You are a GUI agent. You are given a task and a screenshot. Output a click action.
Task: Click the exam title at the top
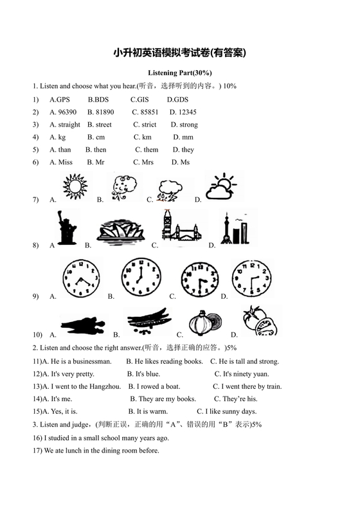(x=179, y=53)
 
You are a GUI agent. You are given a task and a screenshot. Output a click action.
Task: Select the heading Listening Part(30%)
(x=179, y=73)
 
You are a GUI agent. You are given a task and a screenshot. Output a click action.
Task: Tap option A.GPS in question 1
(x=59, y=100)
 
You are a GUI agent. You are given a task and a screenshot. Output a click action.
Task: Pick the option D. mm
(x=183, y=137)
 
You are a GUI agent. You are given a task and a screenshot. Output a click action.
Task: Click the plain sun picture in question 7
(x=75, y=187)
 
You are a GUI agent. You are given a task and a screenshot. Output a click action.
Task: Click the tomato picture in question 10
(x=262, y=321)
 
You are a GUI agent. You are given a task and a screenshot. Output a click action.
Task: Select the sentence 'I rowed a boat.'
(x=154, y=386)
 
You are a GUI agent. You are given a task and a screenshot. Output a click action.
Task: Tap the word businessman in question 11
(x=93, y=361)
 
